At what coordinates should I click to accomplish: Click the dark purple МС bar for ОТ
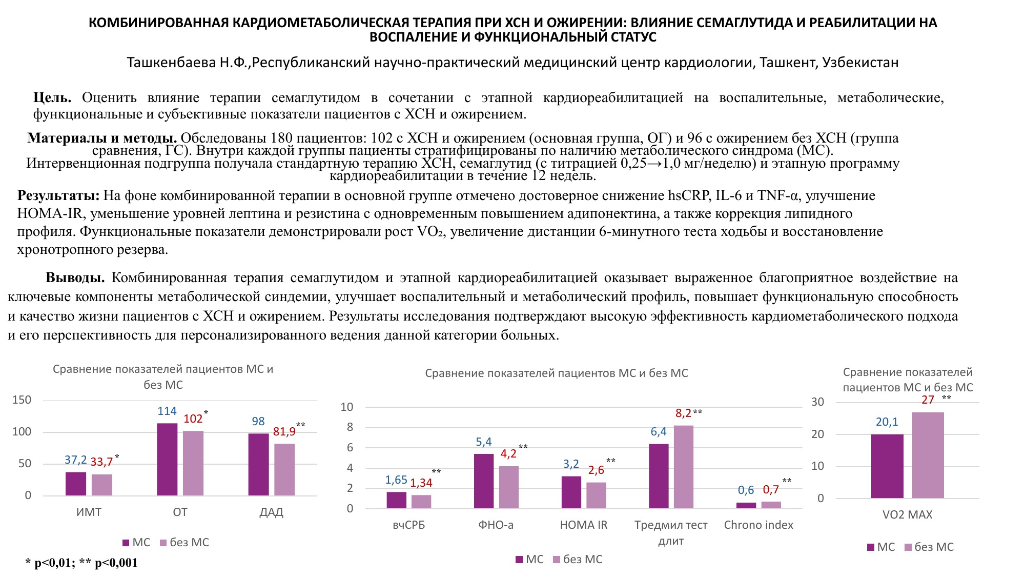tap(167, 459)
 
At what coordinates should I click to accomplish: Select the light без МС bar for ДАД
tap(284, 469)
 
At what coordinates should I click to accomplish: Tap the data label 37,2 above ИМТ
tap(75, 460)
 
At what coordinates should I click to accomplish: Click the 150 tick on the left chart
tap(22, 400)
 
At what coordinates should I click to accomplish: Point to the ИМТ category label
tap(89, 512)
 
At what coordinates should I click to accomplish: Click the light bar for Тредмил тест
tap(684, 467)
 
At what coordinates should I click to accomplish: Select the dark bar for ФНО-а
tap(484, 481)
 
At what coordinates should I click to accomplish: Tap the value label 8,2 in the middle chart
tap(683, 413)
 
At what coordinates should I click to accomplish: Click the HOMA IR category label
tap(584, 525)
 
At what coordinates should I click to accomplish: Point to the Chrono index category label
tap(758, 525)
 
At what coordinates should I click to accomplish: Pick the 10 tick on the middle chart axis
tap(347, 407)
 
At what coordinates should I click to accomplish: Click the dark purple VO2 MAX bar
tap(887, 466)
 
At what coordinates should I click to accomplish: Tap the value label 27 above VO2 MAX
tap(928, 400)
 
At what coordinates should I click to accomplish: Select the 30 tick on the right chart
tap(817, 402)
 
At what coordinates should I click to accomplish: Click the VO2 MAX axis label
tap(907, 514)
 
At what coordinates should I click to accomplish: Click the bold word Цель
tap(52, 97)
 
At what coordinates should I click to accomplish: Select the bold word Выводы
tap(75, 277)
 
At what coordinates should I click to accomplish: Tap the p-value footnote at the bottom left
tap(81, 563)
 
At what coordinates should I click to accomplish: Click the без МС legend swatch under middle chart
tap(557, 560)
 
